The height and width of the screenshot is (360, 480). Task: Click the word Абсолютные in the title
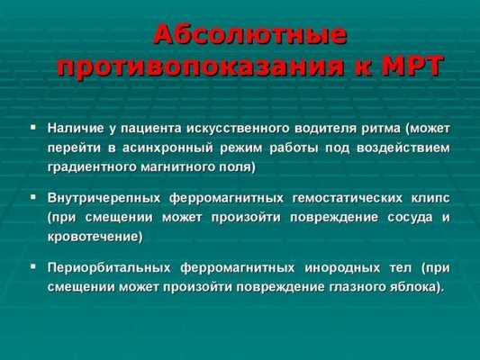coord(249,36)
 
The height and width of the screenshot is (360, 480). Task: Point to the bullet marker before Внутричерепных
coord(33,195)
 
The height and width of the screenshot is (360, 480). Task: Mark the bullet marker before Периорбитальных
coord(33,266)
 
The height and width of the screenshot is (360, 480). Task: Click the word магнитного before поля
coord(192,167)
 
